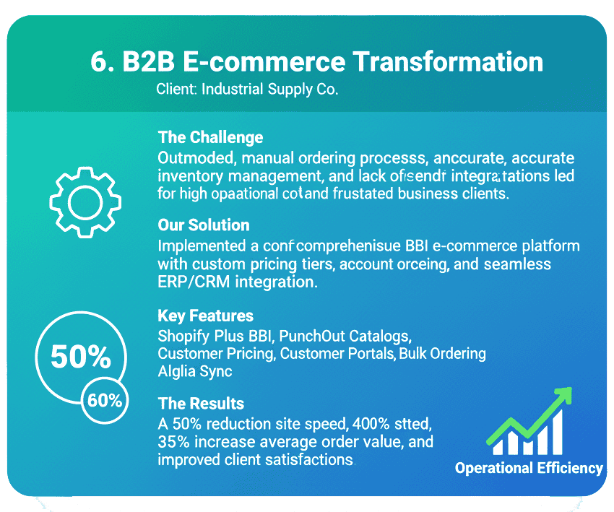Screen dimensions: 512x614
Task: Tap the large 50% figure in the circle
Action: (x=80, y=356)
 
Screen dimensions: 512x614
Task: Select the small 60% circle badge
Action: (x=104, y=399)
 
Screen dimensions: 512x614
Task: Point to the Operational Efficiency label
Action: (x=529, y=468)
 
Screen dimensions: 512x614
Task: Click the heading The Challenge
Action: (x=210, y=137)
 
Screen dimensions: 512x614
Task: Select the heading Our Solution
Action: (x=203, y=225)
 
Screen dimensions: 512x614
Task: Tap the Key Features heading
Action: (x=205, y=316)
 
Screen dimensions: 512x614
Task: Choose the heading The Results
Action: (x=201, y=403)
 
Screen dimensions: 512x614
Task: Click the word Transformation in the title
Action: (x=448, y=62)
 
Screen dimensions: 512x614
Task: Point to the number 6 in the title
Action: (x=99, y=62)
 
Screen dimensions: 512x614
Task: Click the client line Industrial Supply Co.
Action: (x=270, y=90)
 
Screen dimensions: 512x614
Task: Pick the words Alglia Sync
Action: (x=195, y=371)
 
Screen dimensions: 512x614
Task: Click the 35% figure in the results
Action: (x=172, y=441)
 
